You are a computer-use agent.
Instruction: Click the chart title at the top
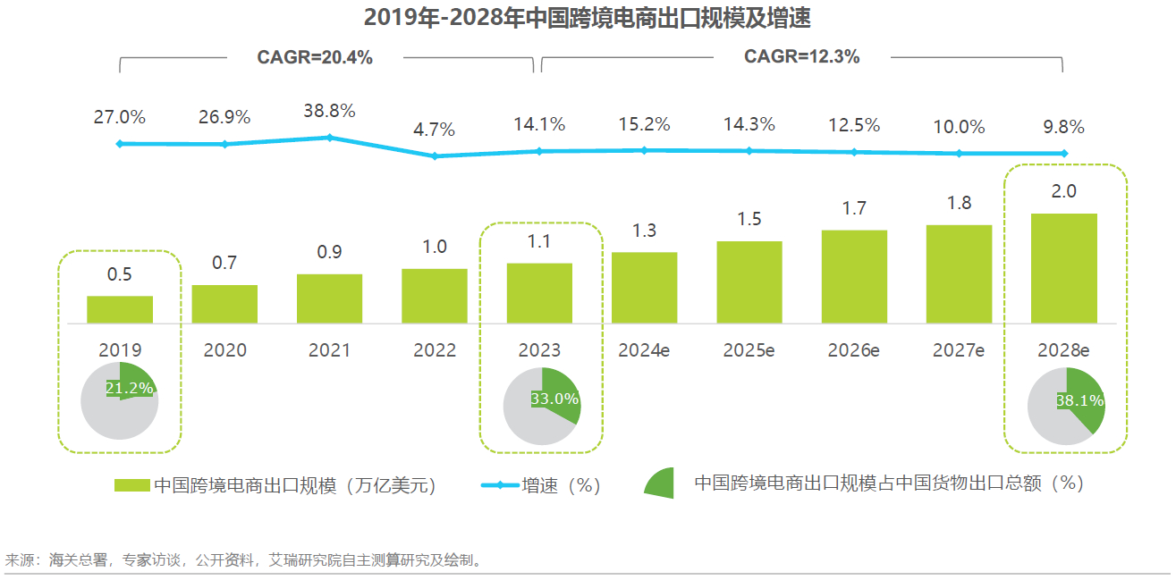coord(588,18)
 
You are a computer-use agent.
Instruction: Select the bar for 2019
coord(120,309)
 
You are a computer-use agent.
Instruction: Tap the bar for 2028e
coord(1064,268)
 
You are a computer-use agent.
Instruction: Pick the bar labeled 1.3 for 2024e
coord(644,288)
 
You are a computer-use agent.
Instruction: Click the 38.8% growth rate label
coord(329,112)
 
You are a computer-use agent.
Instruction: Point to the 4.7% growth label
coord(435,130)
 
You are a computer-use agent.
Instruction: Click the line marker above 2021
coord(329,138)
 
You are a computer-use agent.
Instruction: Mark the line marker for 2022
coord(435,156)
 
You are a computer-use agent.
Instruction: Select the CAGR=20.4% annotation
coord(315,58)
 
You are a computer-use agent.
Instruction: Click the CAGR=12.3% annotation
coord(802,57)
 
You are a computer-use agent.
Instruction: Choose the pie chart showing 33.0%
coord(542,407)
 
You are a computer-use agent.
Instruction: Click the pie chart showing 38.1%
coord(1065,407)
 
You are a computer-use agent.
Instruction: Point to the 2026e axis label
coord(854,350)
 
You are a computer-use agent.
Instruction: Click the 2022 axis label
coord(435,350)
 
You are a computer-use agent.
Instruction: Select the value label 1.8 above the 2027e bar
coord(959,204)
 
